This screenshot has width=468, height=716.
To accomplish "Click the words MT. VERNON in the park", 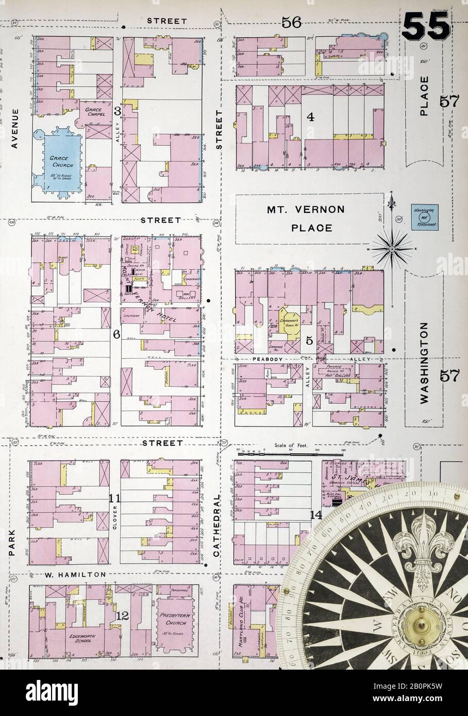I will (306, 210).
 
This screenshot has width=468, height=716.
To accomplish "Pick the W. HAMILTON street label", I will (75, 574).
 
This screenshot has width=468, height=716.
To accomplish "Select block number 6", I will (116, 335).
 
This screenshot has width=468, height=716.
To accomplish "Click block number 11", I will (114, 498).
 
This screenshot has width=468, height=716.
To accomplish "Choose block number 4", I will (310, 117).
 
